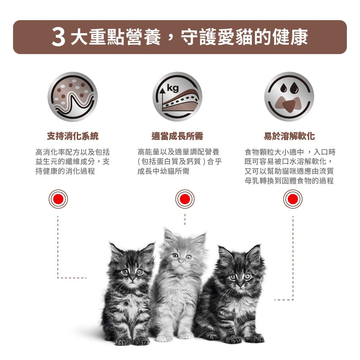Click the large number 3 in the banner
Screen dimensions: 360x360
click(x=58, y=37)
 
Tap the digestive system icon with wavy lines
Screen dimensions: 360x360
click(x=73, y=97)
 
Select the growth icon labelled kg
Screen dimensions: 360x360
click(x=177, y=97)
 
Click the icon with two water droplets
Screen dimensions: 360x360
click(x=289, y=97)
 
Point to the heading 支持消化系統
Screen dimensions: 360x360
click(x=73, y=136)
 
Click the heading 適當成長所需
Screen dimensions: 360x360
click(x=177, y=136)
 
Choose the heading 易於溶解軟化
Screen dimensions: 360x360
click(x=289, y=136)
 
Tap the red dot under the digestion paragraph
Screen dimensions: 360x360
click(x=58, y=199)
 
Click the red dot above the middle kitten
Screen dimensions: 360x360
click(x=185, y=199)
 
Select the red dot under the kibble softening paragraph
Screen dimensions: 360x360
click(x=293, y=199)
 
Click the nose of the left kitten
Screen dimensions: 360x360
click(x=132, y=279)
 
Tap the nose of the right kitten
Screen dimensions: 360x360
click(x=240, y=285)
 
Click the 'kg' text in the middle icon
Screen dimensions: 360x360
click(x=173, y=88)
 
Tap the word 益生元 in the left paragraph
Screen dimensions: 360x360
click(x=47, y=162)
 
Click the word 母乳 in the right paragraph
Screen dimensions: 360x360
click(x=252, y=181)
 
